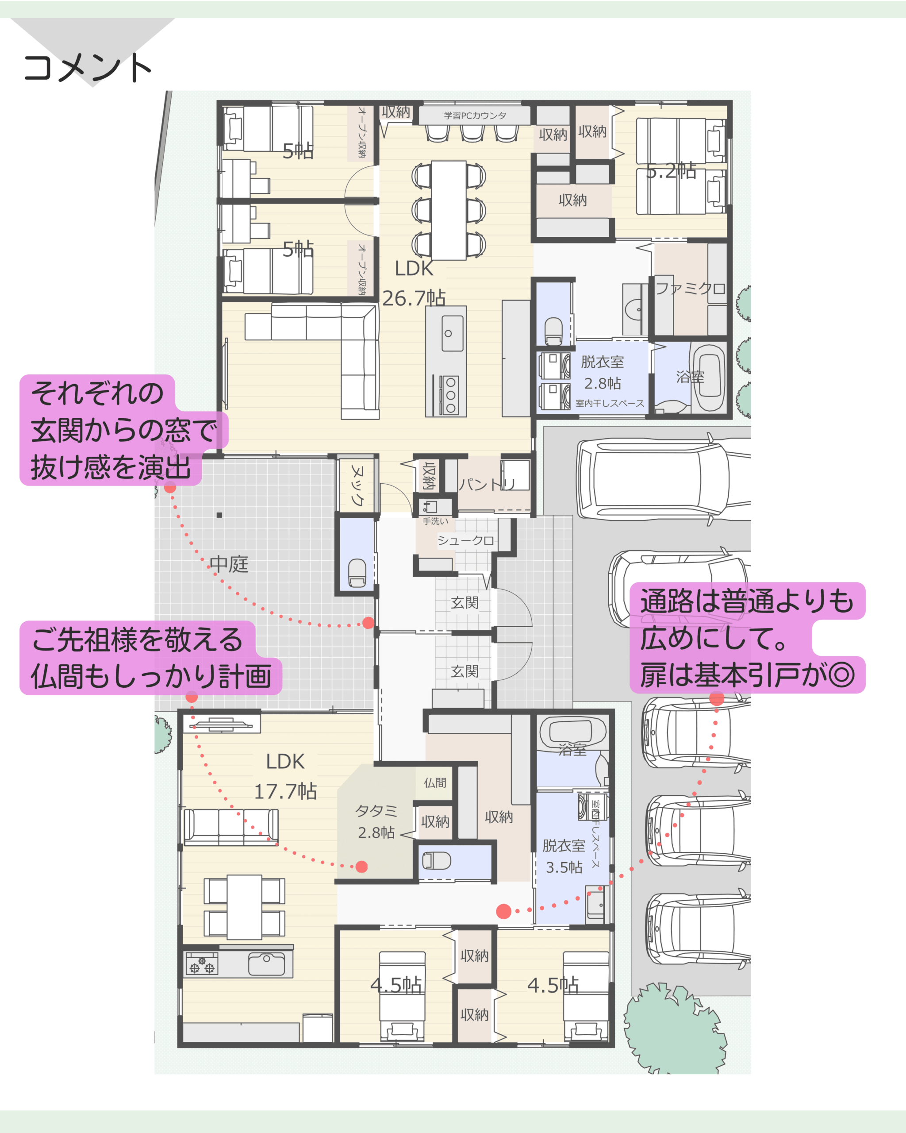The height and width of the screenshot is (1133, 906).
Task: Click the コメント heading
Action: [88, 68]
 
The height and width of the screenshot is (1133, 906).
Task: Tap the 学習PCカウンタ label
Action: [475, 116]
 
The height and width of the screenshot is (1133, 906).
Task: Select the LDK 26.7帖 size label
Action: [414, 283]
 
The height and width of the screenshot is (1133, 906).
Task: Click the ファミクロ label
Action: [691, 288]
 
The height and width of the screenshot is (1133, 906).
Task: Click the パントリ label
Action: [486, 484]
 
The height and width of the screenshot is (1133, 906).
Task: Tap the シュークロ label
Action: [465, 540]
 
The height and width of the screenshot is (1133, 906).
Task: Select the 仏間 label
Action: [435, 782]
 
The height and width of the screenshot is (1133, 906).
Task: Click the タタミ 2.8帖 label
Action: [376, 821]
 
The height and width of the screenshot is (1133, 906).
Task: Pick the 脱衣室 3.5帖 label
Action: [564, 856]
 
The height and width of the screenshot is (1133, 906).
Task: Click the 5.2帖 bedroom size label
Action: [671, 171]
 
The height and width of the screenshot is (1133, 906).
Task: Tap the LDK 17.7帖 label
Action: [285, 776]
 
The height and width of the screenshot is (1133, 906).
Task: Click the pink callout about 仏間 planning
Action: [151, 658]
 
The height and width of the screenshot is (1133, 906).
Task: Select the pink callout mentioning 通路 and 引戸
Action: [747, 637]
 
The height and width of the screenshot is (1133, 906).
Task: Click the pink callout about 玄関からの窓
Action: [124, 430]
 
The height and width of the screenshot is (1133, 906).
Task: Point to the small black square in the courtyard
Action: [219, 515]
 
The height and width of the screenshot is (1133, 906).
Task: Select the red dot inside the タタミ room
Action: [361, 867]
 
